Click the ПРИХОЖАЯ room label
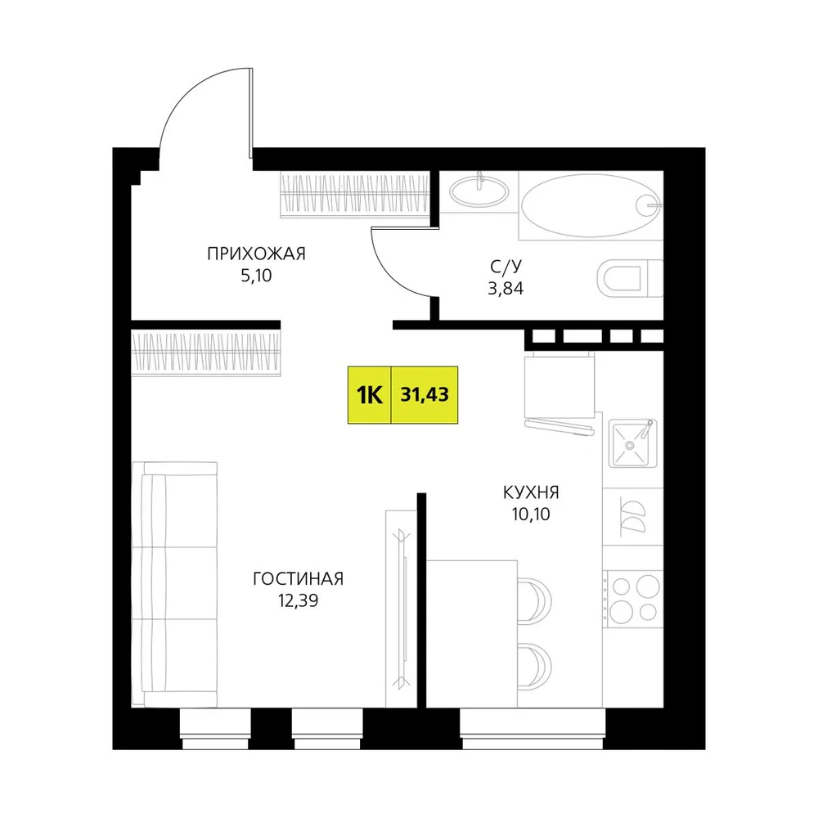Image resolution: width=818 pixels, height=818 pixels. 256,254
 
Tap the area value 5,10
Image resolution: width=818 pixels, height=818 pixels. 256,276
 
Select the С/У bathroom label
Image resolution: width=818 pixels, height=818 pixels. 506,267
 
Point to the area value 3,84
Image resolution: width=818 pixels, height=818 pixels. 506,289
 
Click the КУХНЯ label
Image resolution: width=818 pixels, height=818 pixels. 531,492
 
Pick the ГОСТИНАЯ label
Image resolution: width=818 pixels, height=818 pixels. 298,579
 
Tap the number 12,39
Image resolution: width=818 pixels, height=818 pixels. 298,601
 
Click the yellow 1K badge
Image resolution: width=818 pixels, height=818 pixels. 370,395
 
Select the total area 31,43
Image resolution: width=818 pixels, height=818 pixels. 424,395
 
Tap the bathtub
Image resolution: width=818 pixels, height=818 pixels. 591,205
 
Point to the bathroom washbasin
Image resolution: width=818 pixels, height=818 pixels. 479,191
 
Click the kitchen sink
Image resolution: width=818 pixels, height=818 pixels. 633,443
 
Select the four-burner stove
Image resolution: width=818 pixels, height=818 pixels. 633,600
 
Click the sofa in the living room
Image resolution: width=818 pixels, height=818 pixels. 174,584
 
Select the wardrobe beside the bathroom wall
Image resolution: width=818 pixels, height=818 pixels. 355,194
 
